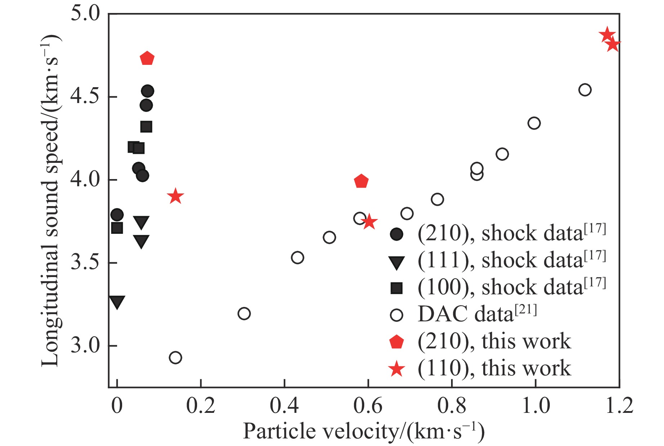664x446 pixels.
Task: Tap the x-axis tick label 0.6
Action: coord(368,406)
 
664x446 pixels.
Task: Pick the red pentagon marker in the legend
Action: coord(396,342)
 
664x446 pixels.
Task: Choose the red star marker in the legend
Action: coord(396,369)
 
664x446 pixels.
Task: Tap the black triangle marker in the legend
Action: coord(396,262)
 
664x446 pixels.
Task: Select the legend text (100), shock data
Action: coord(512,287)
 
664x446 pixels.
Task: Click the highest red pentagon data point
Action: coord(147,58)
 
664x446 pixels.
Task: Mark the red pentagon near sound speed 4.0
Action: coord(361,181)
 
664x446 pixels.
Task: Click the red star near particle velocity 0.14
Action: coord(175,196)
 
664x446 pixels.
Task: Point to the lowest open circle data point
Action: coord(175,358)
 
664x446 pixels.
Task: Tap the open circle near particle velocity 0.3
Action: coord(244,313)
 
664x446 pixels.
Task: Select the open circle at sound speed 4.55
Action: coord(585,90)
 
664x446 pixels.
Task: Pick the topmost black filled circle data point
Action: coord(148,91)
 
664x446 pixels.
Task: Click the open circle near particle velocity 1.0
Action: coord(534,123)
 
